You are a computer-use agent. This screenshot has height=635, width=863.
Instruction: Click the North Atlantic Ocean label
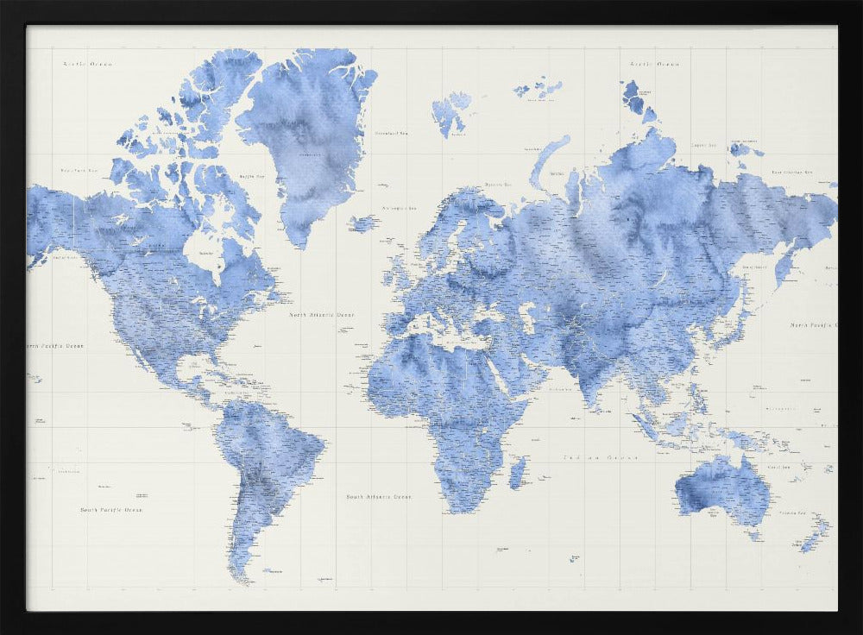(x=321, y=316)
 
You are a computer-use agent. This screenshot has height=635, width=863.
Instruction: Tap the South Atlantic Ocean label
(x=379, y=497)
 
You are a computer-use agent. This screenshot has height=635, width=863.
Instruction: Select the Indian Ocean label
(x=601, y=457)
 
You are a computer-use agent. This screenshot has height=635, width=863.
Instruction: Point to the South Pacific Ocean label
(x=111, y=510)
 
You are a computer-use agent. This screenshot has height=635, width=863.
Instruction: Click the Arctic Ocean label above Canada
(x=88, y=64)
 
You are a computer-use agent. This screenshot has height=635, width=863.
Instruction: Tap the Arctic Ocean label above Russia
(x=655, y=64)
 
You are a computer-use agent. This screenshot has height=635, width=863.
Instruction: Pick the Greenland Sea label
(x=391, y=134)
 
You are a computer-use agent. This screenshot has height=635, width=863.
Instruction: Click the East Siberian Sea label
(x=792, y=173)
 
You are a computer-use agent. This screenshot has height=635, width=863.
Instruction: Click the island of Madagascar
(x=518, y=473)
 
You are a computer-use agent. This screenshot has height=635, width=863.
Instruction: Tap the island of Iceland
(x=363, y=223)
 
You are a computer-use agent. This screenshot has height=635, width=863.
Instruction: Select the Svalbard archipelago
(x=451, y=113)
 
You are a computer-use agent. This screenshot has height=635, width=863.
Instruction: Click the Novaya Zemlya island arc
(x=547, y=160)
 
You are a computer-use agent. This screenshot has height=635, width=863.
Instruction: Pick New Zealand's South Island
(x=810, y=543)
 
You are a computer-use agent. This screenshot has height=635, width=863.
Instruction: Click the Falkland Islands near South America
(x=274, y=570)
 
